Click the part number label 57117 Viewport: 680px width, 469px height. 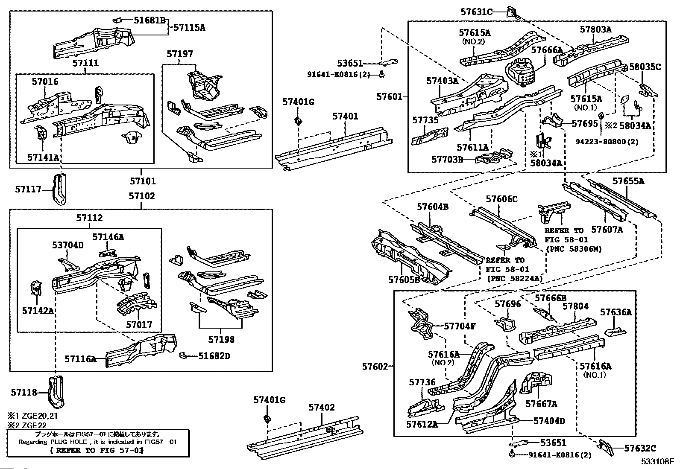coord(28,189)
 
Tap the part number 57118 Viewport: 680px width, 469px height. coord(24,392)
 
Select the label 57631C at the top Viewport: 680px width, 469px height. coord(476,12)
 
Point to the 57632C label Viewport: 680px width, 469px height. coord(640,448)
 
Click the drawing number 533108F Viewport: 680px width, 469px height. coord(657,461)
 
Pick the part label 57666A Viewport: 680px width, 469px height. coord(547,50)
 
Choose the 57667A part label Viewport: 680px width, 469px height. coord(541,403)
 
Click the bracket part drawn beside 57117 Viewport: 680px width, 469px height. coord(60,189)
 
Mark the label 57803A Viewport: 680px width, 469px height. coord(596,29)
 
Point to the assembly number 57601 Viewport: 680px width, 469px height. coord(389,97)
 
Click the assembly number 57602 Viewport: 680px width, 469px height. coord(375,366)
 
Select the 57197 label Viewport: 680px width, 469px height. coord(180,54)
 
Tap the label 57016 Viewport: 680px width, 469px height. coord(45,82)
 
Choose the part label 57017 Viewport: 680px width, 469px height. coord(139,325)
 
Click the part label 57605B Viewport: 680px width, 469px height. coord(404,280)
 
